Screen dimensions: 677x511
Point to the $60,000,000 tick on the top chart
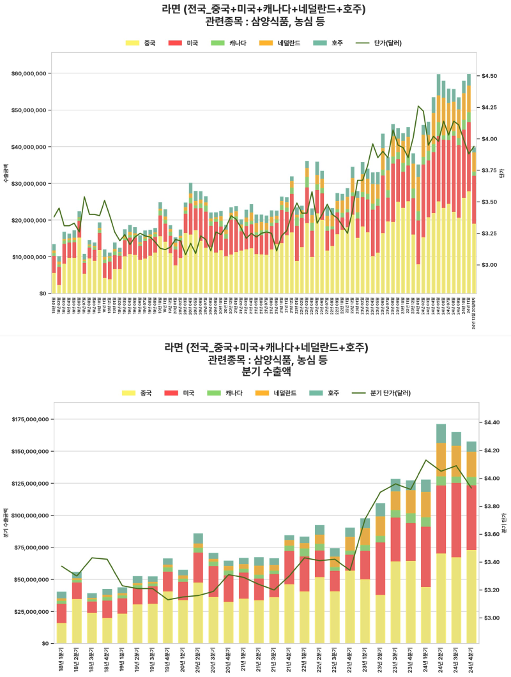28,73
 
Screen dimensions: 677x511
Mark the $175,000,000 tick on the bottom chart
30,420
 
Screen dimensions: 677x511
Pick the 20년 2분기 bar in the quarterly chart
198,588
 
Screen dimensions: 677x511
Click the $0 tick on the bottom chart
45,643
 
